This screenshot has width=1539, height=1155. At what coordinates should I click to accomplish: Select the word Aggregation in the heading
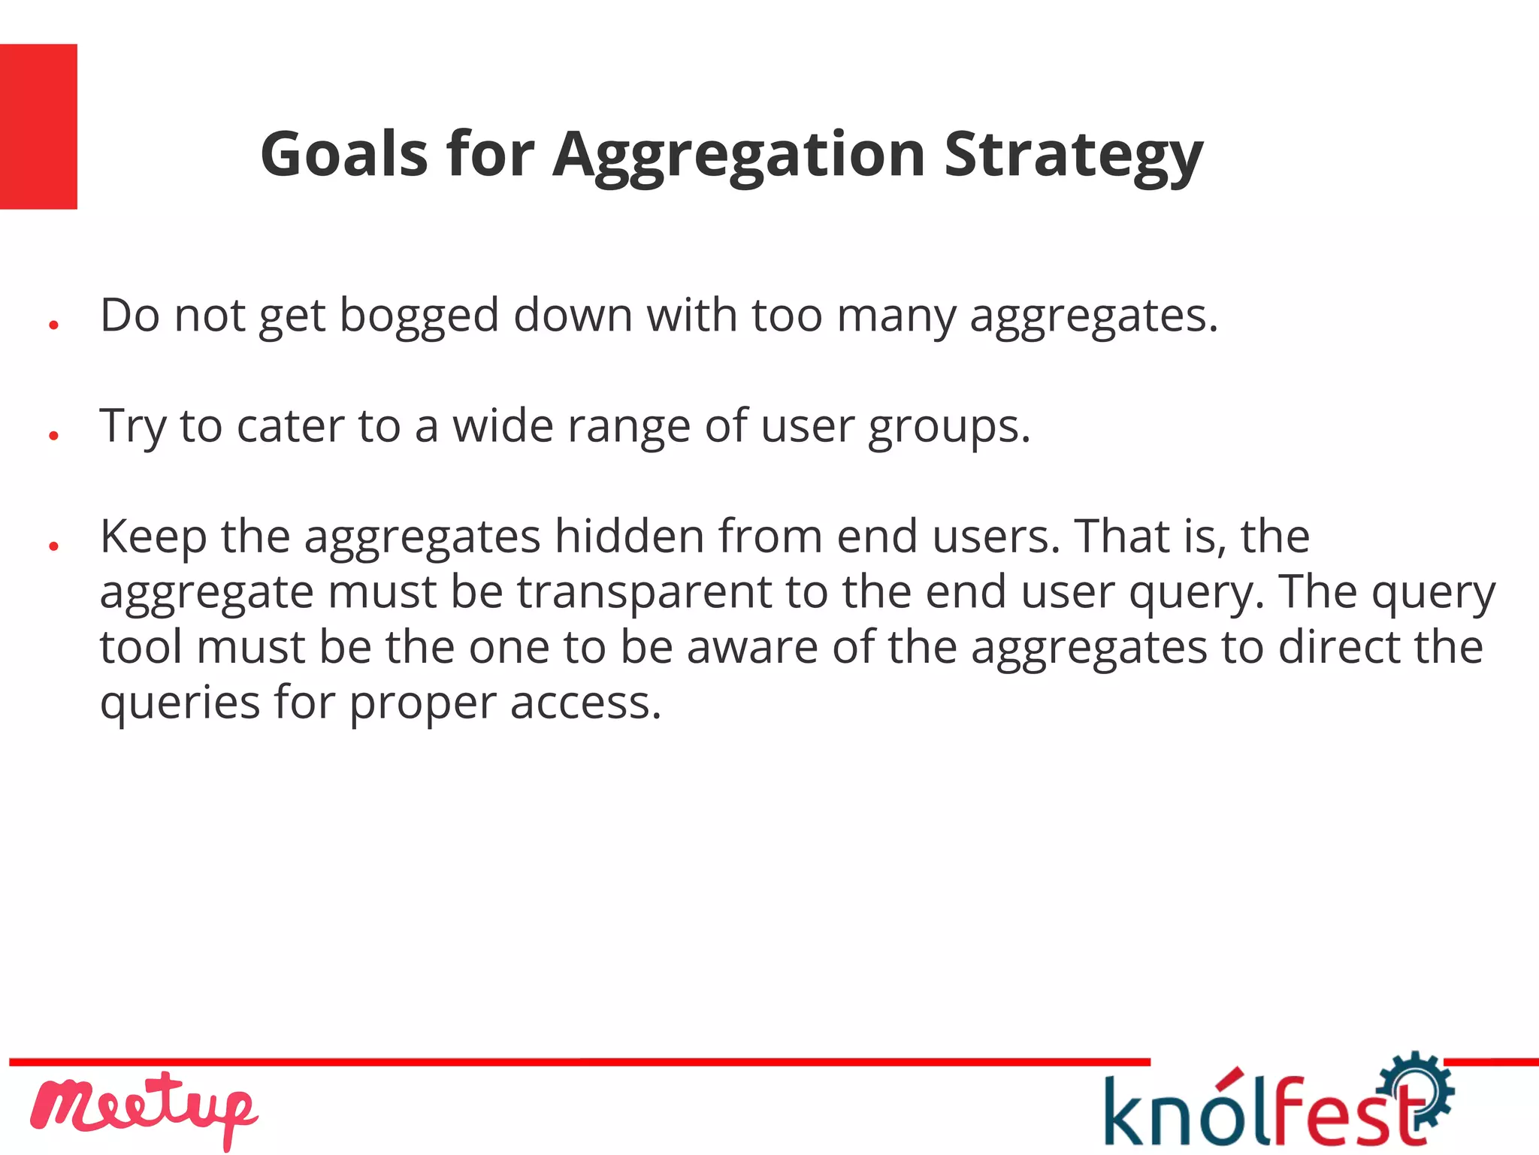coord(739,156)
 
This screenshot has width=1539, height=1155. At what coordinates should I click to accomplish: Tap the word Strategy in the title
coord(1073,156)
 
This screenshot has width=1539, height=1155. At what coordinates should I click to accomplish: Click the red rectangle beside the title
coord(38,126)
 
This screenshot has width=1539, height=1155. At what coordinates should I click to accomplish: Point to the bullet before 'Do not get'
coord(53,325)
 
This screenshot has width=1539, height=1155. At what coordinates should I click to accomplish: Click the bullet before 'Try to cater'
coord(53,435)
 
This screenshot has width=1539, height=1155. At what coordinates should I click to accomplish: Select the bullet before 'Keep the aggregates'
coord(53,546)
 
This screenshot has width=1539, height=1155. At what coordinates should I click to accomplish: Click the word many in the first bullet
coord(896,316)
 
